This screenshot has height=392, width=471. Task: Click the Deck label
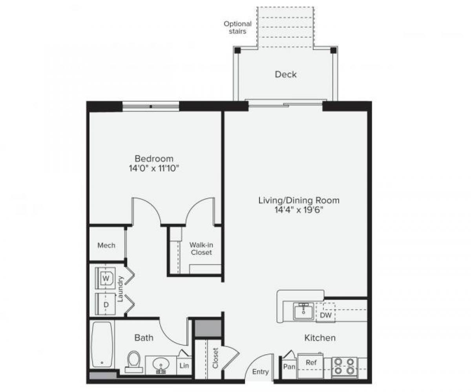[285, 74]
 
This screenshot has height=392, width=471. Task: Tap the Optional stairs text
[237, 27]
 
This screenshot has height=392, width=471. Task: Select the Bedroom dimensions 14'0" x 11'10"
[154, 168]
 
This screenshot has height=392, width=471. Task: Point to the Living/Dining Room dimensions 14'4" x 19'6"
[299, 210]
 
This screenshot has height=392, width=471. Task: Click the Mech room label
[106, 245]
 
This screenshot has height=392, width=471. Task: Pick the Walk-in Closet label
[201, 248]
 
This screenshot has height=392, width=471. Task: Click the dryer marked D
[106, 304]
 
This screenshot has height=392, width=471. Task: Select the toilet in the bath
[134, 361]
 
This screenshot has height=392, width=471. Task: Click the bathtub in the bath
[102, 345]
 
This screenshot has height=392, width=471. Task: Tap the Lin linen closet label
[184, 366]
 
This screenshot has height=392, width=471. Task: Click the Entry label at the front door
[260, 372]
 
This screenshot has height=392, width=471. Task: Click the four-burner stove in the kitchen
[344, 366]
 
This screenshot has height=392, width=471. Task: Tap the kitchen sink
[304, 312]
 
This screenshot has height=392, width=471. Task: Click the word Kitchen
[320, 337]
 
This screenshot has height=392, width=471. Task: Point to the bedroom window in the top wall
[151, 106]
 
